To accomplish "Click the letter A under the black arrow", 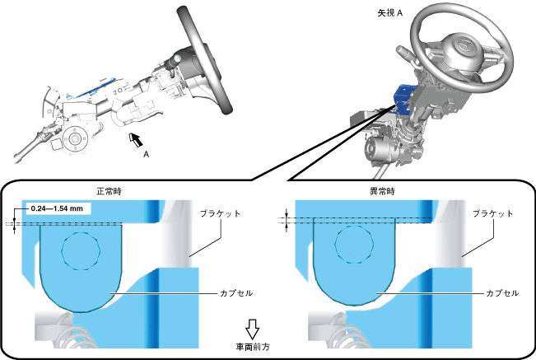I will tap(146, 154).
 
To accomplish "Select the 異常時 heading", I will tap(381, 190).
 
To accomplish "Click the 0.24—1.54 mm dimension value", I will tap(55, 209).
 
